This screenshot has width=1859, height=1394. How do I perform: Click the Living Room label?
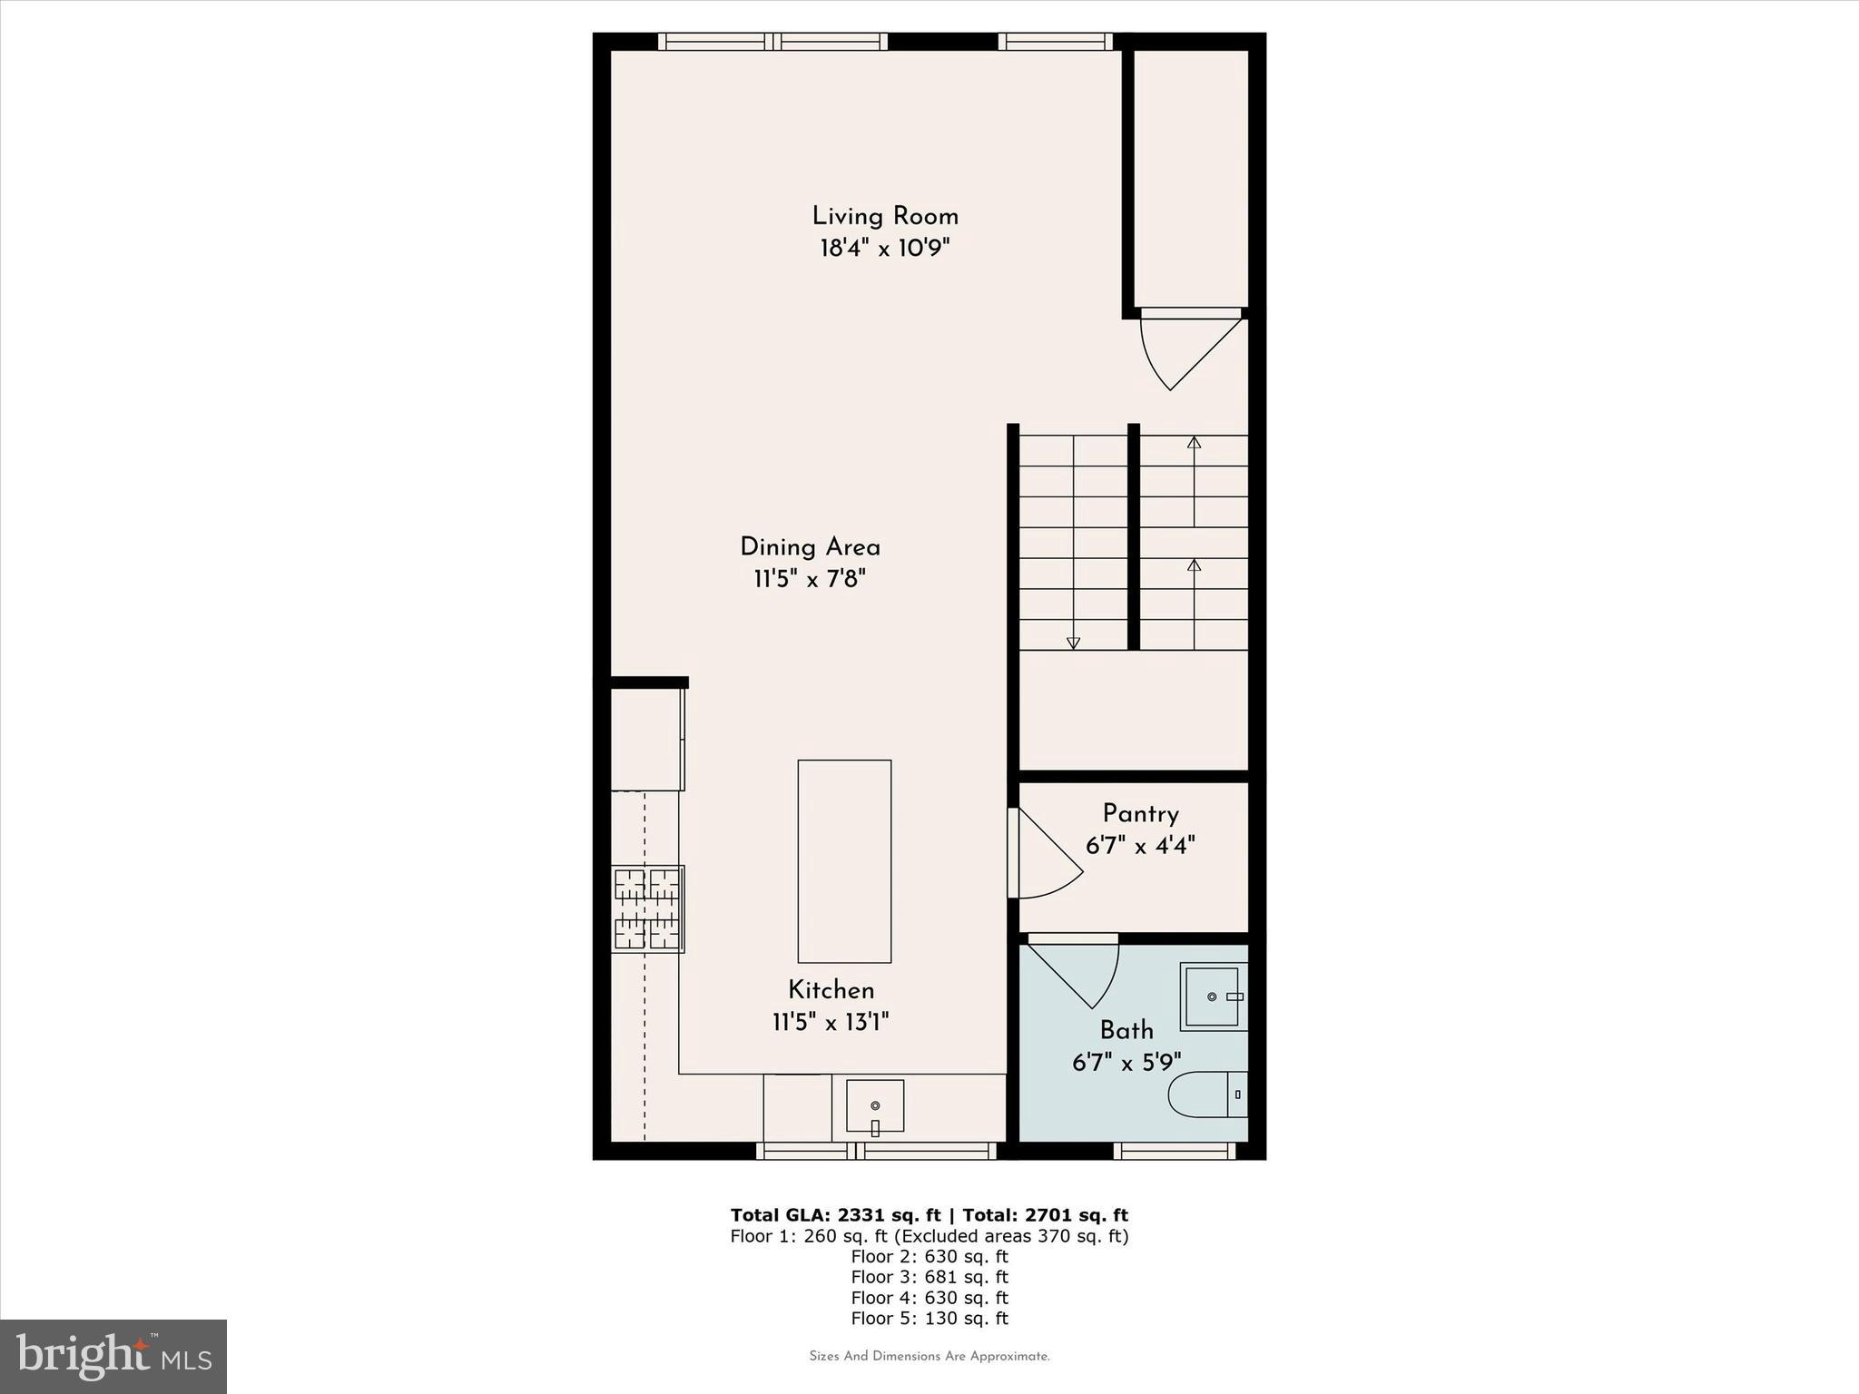tap(885, 217)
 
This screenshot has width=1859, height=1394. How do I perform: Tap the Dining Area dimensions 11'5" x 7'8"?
tap(810, 579)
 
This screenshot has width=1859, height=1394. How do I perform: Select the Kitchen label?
tap(831, 990)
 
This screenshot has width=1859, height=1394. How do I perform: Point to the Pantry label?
tap(1140, 814)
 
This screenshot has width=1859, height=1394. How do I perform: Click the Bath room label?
tap(1126, 1031)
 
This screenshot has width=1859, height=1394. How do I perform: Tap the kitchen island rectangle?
tap(844, 860)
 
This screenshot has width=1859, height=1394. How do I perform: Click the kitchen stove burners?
tap(647, 908)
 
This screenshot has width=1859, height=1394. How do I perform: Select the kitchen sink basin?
tap(875, 1105)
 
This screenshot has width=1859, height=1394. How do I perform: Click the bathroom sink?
tap(1212, 996)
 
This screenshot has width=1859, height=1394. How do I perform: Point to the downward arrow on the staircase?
tap(1073, 643)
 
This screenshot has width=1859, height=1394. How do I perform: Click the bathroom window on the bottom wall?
tap(1174, 1151)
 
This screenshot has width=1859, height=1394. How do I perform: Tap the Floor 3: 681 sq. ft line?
tap(929, 1277)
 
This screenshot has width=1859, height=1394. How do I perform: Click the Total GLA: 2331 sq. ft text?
tap(835, 1215)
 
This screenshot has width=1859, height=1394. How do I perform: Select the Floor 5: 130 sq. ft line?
tap(929, 1319)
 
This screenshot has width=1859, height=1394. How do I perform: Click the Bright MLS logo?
tap(113, 1356)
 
